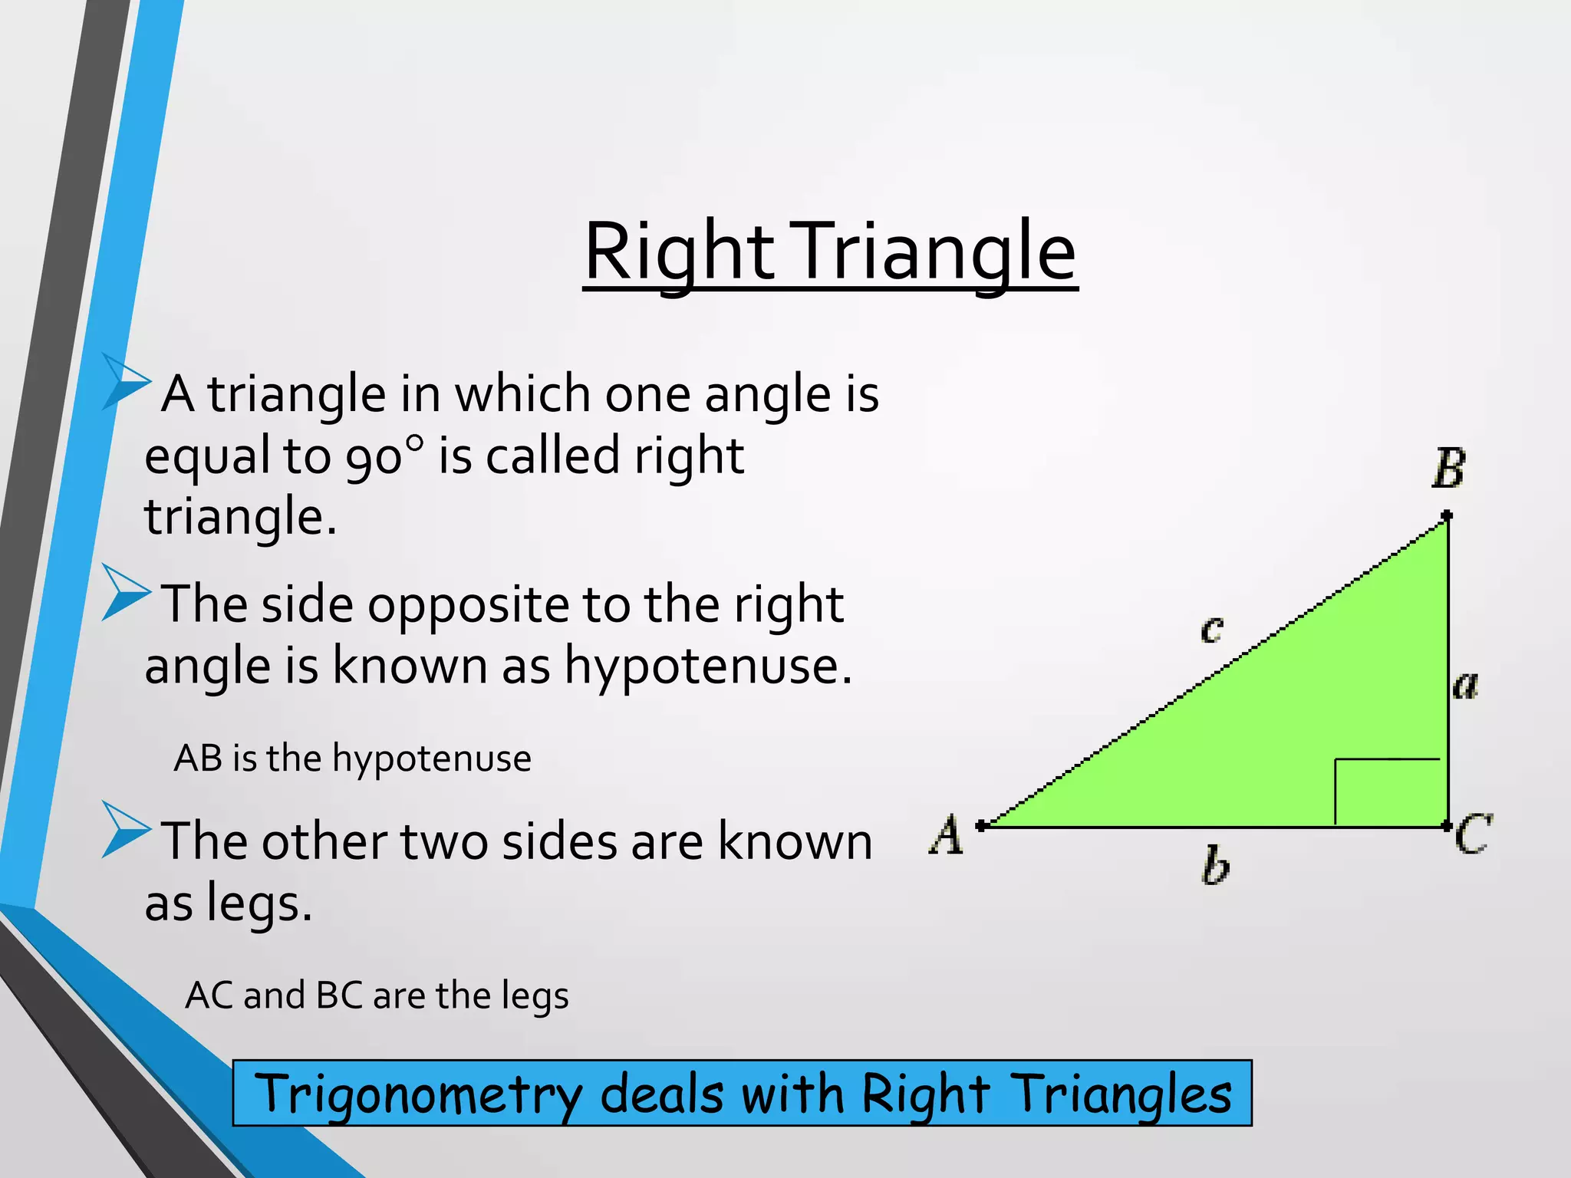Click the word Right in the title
(680, 253)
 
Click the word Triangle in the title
(933, 253)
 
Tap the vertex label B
(1448, 469)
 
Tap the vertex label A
(947, 834)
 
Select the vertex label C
(1473, 834)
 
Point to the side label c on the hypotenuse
(1211, 630)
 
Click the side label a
(1465, 684)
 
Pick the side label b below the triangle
(1215, 866)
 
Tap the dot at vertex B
(1447, 515)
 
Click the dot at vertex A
(981, 826)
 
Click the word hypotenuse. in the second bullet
(708, 666)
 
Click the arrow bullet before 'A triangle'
(126, 382)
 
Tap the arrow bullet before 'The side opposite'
(126, 592)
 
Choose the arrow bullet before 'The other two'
(126, 829)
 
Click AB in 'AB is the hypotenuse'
(198, 758)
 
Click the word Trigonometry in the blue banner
(417, 1094)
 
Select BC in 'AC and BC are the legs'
(339, 995)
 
